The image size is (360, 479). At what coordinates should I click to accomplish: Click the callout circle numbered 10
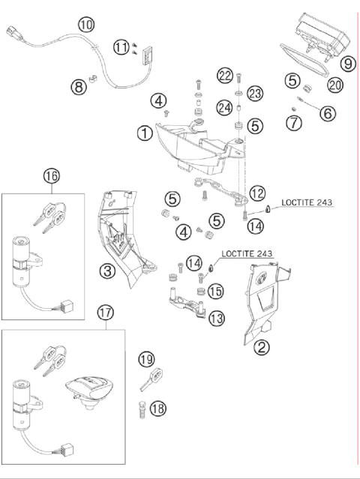87,24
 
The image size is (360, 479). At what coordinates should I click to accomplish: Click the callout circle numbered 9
347,63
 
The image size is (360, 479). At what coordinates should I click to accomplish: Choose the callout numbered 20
334,85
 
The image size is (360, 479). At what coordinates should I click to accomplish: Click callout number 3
109,270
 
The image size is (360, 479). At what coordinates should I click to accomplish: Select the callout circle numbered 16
51,177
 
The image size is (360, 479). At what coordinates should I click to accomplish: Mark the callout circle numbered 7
294,122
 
